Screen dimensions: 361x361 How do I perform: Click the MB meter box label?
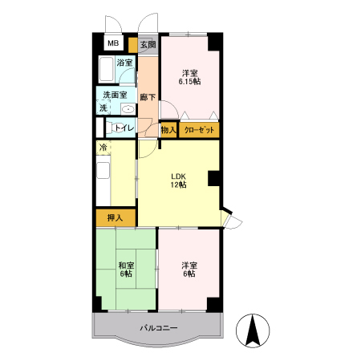point(113,43)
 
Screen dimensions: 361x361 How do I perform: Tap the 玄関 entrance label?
point(148,44)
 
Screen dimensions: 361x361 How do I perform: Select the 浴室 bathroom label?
point(124,63)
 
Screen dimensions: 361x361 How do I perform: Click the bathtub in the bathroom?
point(106,69)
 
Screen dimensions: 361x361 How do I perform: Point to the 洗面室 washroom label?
point(115,95)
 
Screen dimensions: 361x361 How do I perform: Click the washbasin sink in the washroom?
point(128,109)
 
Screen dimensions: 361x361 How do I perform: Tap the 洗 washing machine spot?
point(103,107)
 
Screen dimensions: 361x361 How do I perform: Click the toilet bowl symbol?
point(111,128)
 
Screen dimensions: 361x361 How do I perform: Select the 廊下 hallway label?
point(148,97)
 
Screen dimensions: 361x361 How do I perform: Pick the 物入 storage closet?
point(168,130)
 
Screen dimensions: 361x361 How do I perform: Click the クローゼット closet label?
point(199,130)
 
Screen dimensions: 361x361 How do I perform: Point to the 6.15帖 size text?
point(189,82)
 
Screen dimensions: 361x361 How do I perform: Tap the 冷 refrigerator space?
point(103,147)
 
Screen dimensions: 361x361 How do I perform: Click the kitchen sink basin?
point(103,170)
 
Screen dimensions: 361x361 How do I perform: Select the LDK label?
point(178,176)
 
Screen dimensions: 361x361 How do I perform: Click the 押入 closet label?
point(115,218)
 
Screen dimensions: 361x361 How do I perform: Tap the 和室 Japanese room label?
point(126,266)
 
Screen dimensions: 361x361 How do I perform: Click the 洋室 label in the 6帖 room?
point(189,266)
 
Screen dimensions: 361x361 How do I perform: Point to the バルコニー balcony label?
point(159,327)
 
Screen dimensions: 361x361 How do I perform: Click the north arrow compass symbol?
point(253,331)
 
